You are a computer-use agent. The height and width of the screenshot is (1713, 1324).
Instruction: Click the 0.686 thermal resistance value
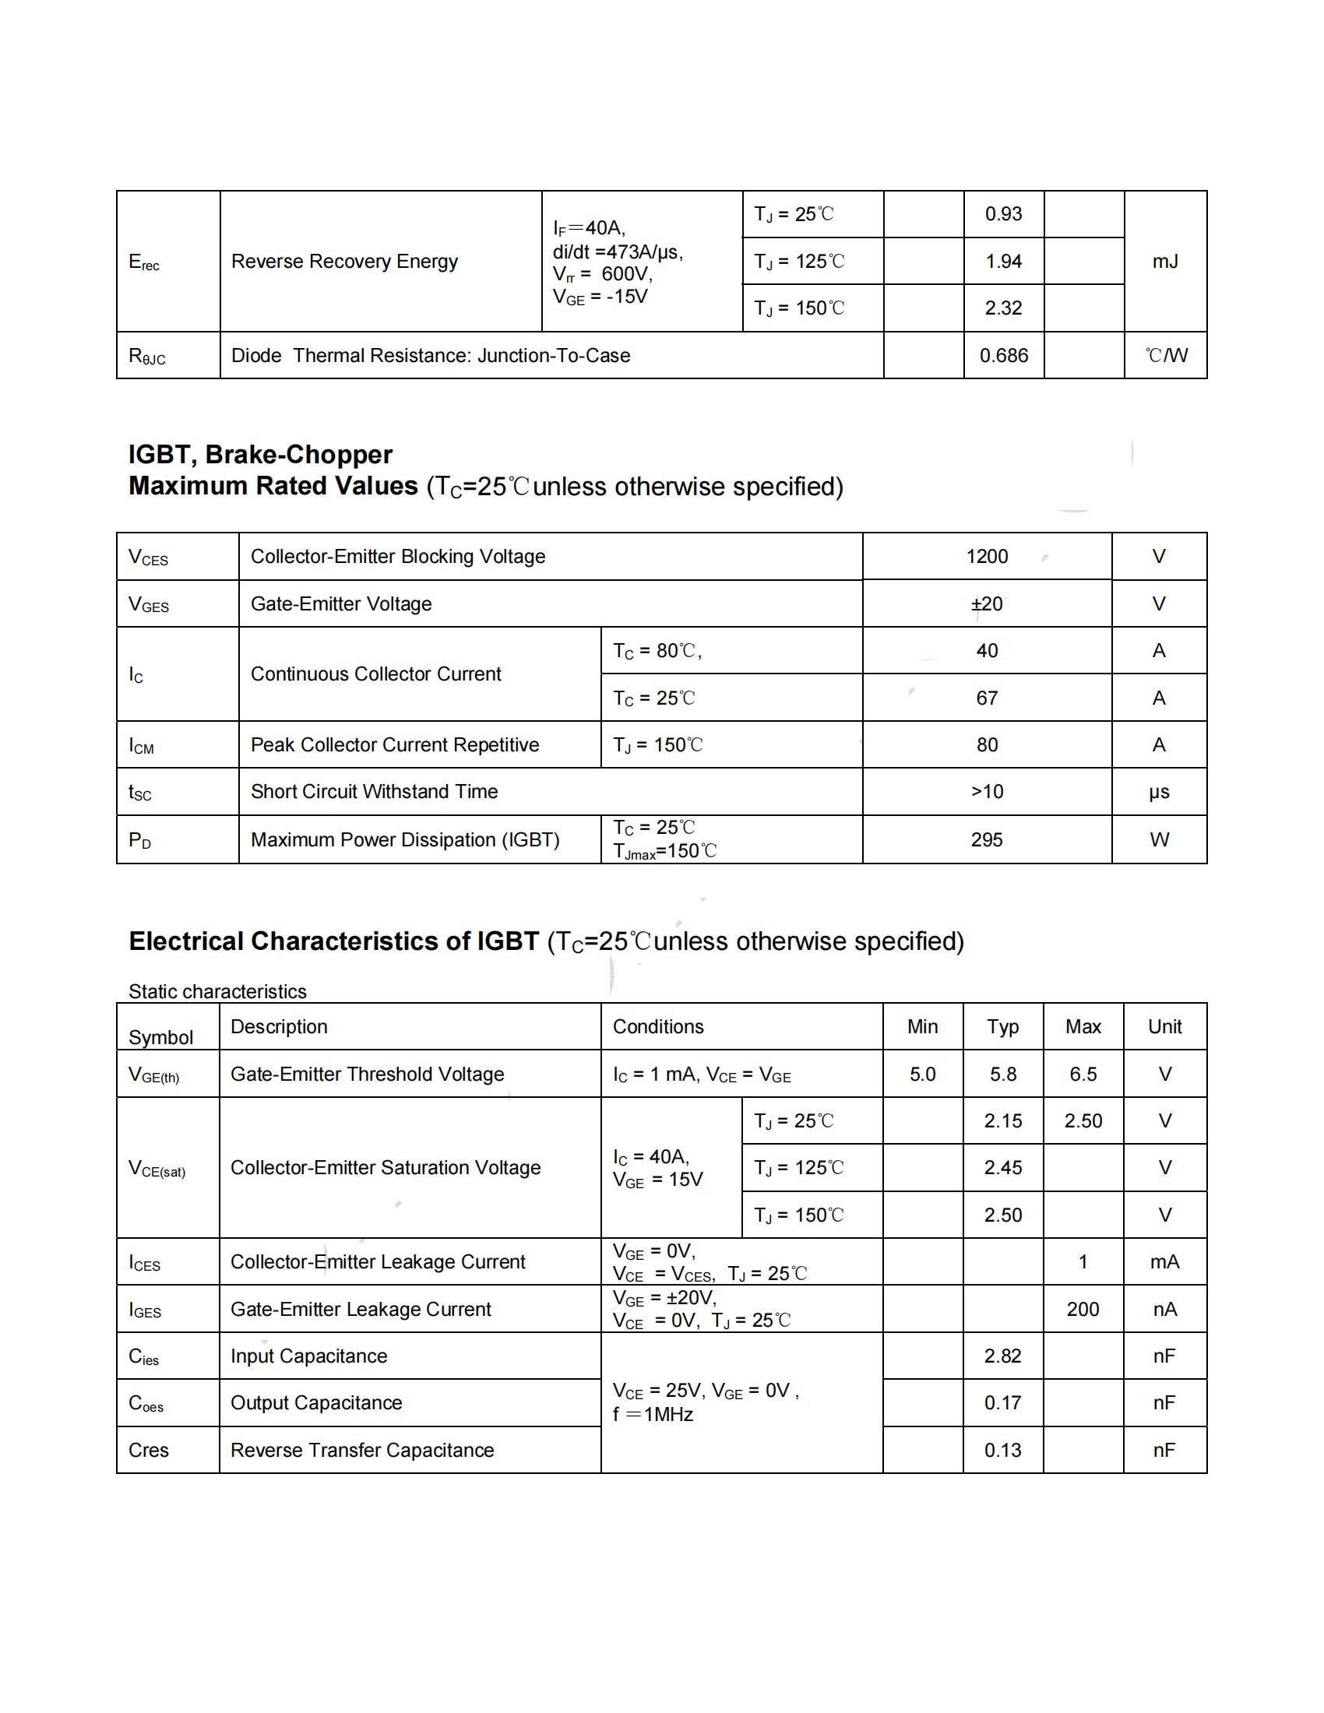tap(1003, 355)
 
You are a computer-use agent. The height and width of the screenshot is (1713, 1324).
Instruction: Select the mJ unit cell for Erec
tap(1165, 261)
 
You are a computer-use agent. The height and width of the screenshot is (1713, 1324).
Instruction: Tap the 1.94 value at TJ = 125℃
tap(1003, 261)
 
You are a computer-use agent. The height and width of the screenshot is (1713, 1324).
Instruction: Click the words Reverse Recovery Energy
tap(344, 261)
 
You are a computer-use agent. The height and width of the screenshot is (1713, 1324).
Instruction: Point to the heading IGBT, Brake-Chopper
tap(260, 454)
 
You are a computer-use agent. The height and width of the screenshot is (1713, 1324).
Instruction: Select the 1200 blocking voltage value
tap(987, 556)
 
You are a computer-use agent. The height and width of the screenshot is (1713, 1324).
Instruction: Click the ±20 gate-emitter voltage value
tap(987, 604)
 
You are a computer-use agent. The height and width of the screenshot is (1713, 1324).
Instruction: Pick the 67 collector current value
tap(987, 698)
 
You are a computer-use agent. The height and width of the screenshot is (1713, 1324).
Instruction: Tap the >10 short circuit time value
tap(987, 791)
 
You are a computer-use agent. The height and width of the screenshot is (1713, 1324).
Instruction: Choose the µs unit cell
tap(1159, 791)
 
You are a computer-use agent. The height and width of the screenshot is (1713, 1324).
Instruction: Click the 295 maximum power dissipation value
tap(987, 840)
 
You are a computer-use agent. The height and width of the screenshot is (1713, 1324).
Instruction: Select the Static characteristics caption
tap(217, 991)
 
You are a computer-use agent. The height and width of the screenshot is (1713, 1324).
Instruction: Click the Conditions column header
tap(658, 1027)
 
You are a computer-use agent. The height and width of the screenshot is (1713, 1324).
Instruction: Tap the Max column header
tap(1083, 1027)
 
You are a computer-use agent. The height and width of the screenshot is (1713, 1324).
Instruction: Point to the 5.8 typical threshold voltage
tap(1003, 1074)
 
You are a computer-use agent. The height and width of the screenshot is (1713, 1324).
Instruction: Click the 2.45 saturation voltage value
tap(1003, 1168)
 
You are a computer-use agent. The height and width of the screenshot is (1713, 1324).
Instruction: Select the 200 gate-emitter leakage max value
tap(1083, 1309)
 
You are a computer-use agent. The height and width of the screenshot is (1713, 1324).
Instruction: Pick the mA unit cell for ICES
tap(1165, 1262)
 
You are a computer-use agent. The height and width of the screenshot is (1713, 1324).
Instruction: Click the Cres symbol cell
tap(149, 1451)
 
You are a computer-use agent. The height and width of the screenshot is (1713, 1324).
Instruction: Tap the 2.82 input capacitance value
tap(1003, 1356)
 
